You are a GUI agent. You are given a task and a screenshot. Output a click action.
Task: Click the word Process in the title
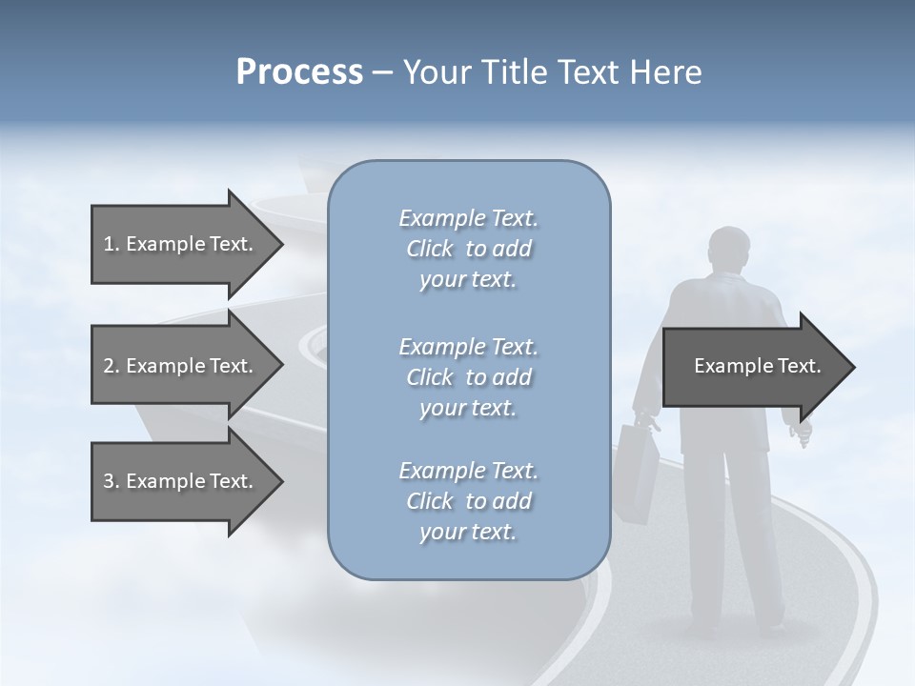click(x=299, y=72)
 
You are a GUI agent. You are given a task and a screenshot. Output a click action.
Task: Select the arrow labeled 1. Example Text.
click(x=181, y=244)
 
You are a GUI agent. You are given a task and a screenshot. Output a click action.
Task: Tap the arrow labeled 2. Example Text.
click(x=181, y=366)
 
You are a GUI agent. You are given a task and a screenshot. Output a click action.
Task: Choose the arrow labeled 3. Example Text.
click(x=181, y=481)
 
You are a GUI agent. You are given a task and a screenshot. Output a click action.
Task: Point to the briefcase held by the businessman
click(x=637, y=472)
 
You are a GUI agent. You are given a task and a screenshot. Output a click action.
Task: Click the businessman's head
click(x=731, y=251)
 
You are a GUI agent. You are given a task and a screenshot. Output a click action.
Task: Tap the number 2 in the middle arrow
click(x=109, y=366)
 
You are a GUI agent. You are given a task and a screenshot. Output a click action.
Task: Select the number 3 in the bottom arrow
click(x=109, y=481)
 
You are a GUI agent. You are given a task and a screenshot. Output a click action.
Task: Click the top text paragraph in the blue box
click(x=468, y=249)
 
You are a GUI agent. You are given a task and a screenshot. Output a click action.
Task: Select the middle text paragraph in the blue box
click(x=468, y=377)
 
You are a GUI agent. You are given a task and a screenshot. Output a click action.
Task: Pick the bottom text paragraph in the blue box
click(x=468, y=501)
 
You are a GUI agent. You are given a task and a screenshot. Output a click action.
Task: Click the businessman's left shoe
click(x=705, y=629)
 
